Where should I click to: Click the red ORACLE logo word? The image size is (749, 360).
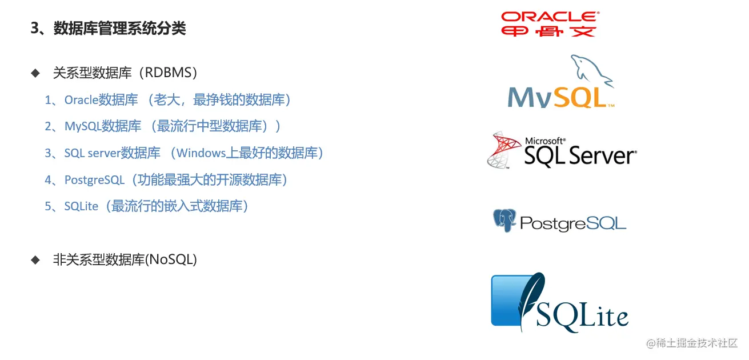point(550,17)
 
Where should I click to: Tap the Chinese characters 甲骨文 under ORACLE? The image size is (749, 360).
point(549,31)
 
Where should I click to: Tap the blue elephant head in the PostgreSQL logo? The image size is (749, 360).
point(504,221)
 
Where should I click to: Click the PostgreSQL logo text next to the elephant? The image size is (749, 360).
point(573,223)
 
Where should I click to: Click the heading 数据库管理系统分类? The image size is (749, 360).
point(119,29)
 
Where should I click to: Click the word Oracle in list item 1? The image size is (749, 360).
point(81,100)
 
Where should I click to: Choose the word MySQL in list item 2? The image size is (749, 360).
point(83,126)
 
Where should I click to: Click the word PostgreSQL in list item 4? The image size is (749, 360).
point(94,180)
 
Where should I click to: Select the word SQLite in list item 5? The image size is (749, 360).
point(81,206)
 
